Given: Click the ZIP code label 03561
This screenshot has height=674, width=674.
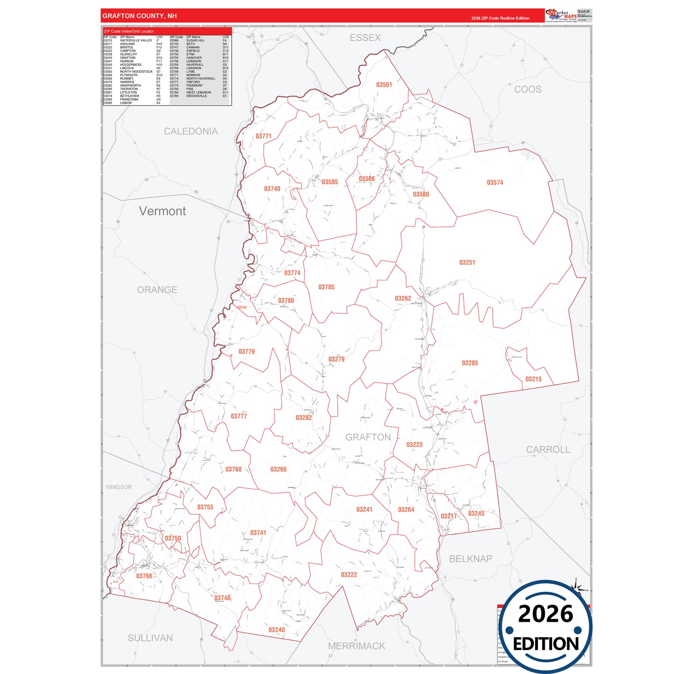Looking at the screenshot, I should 384,85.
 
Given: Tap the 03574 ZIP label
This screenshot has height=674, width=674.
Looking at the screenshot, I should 495,183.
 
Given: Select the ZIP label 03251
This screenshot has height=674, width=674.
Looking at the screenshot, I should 467,263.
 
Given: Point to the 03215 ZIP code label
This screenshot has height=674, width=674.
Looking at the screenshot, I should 533,379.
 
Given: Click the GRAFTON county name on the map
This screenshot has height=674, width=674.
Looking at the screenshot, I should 368,437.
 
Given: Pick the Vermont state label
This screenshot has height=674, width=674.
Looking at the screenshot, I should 162,211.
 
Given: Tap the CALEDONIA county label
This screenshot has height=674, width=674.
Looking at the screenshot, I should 190,132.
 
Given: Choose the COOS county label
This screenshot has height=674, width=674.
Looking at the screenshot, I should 528,90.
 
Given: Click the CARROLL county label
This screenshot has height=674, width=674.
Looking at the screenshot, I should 548,450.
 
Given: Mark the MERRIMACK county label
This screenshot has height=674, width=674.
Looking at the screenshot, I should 356,646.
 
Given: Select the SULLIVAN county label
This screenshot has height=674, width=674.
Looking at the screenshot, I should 150,638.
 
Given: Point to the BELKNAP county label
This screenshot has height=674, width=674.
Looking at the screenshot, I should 471,559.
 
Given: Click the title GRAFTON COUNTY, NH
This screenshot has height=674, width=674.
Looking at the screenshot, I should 139,16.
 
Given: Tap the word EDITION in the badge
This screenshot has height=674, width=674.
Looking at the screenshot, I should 546,644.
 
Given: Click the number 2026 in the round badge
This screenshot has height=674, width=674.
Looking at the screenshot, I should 545,614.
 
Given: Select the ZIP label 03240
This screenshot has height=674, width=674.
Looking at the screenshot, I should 277,630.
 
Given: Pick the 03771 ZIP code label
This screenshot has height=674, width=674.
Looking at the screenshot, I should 264,136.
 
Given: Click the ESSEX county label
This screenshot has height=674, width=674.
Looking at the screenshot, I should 365,38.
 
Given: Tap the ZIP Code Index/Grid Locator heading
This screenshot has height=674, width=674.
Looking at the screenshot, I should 129,31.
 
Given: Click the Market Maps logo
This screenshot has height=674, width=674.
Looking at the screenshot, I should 561,16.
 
